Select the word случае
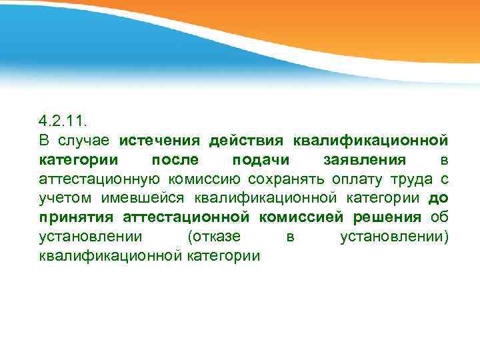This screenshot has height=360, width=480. [x=83, y=141]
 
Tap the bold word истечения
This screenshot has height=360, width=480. [x=160, y=141]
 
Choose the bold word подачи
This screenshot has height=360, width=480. [x=260, y=160]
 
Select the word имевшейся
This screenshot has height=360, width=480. [x=145, y=198]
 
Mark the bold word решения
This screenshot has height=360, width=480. [x=387, y=217]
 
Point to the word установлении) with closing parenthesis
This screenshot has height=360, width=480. [x=394, y=236]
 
